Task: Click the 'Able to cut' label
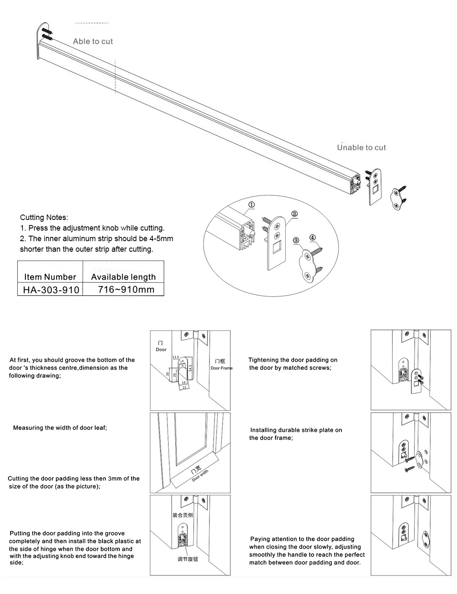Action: pyautogui.click(x=93, y=41)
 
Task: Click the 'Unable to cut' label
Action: pyautogui.click(x=361, y=147)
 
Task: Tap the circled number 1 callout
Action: pyautogui.click(x=251, y=205)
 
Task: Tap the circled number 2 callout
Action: pyautogui.click(x=295, y=214)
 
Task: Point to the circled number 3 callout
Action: pyautogui.click(x=296, y=240)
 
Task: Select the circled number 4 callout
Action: pyautogui.click(x=312, y=237)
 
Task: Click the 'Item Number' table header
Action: pyautogui.click(x=50, y=277)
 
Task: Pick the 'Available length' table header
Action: pyautogui.click(x=123, y=277)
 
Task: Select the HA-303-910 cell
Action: pyautogui.click(x=50, y=290)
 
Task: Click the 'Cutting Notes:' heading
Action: pyautogui.click(x=44, y=217)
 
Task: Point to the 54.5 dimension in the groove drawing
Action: pyautogui.click(x=190, y=366)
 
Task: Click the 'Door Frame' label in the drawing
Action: pyautogui.click(x=221, y=368)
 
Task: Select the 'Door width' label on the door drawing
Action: pyautogui.click(x=200, y=475)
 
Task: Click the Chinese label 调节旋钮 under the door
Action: pyautogui.click(x=187, y=559)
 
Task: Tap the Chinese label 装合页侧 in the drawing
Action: pyautogui.click(x=182, y=515)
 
